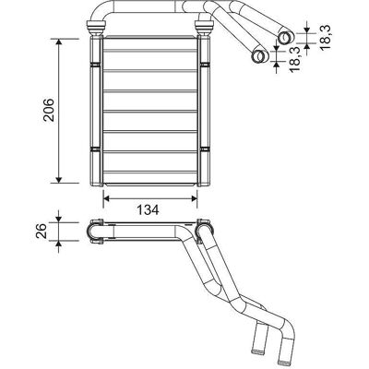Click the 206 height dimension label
click(49, 110)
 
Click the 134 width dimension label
click(148, 209)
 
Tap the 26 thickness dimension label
click(41, 231)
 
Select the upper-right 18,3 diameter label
click(324, 37)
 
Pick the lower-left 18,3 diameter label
click(294, 59)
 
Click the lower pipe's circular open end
click(259, 56)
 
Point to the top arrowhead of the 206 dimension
click(59, 42)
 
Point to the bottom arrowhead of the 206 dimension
click(59, 180)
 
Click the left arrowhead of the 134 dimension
click(106, 198)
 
